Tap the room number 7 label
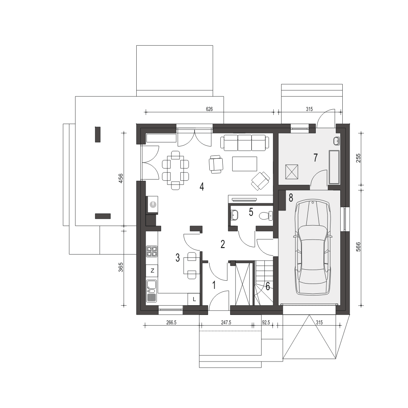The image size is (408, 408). click(x=315, y=157)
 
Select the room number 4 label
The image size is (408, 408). click(x=202, y=186)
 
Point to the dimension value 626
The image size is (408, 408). click(x=209, y=109)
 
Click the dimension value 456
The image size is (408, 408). click(x=121, y=178)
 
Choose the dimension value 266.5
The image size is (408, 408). click(x=171, y=322)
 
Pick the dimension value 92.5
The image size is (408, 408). click(x=266, y=322)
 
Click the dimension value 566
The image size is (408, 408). click(x=358, y=247)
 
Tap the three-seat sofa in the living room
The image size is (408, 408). click(x=244, y=142)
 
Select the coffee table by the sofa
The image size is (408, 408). click(x=244, y=164)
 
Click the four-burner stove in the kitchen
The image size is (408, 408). click(x=152, y=251)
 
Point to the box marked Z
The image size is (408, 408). click(x=152, y=271)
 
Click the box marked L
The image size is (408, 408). click(x=194, y=299)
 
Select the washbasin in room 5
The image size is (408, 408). click(x=234, y=215)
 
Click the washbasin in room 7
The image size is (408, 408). click(x=336, y=141)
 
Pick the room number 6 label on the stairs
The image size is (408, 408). click(x=268, y=286)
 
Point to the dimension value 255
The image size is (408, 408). click(x=358, y=158)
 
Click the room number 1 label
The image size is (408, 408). click(x=214, y=285)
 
